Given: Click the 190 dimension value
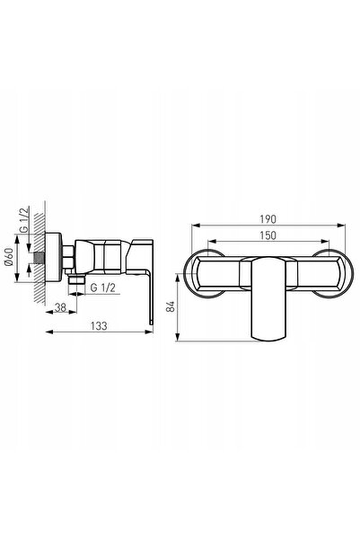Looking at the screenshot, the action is [268, 219].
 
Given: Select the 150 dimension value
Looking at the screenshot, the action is [268, 235].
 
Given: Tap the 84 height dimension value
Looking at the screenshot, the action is [171, 306].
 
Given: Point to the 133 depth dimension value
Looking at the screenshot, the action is [99, 326].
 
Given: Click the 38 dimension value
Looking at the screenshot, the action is [60, 307].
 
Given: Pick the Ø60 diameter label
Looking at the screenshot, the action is [9, 257].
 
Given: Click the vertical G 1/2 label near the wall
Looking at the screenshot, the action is [24, 220].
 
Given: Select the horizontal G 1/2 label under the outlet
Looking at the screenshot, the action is [102, 288].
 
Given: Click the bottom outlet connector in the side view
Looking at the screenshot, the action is [76, 279].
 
